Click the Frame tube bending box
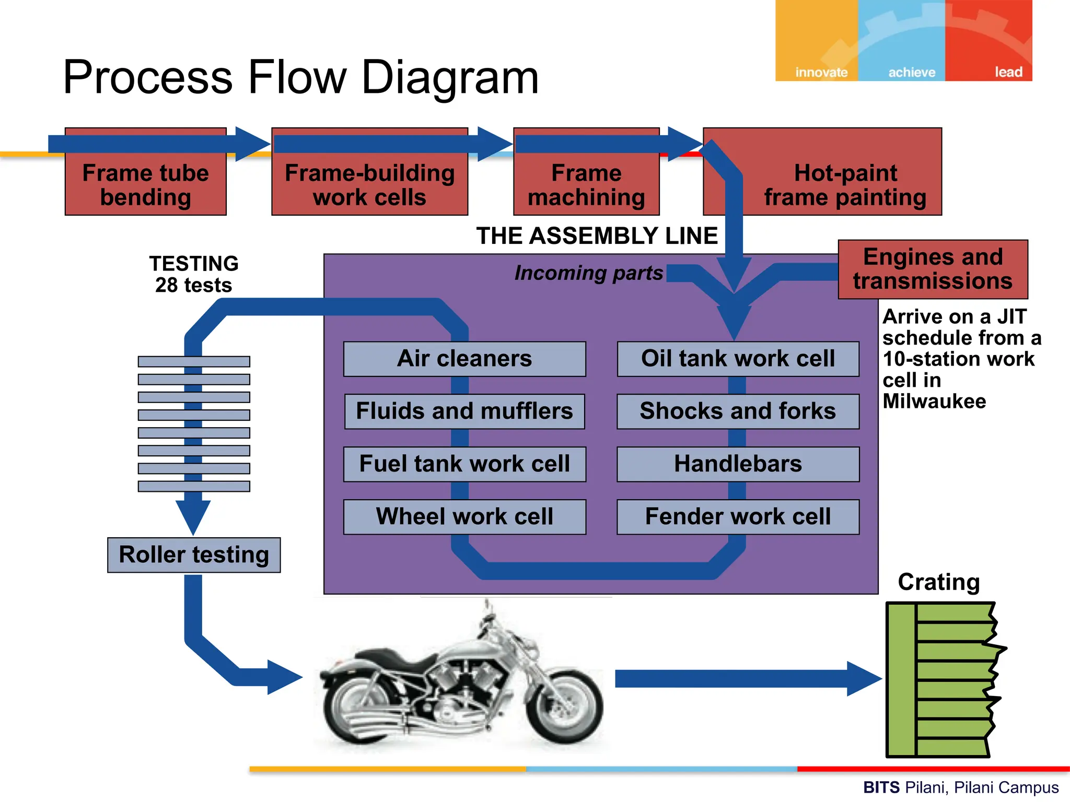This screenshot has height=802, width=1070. (145, 185)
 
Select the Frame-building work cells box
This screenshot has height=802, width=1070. (369, 185)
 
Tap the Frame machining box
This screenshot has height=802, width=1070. (586, 185)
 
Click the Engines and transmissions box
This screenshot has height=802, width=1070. (933, 269)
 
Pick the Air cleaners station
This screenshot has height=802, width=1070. (464, 359)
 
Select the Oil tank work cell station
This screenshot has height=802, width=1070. (738, 359)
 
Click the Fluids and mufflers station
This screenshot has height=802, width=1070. (464, 411)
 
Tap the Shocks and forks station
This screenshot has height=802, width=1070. (738, 411)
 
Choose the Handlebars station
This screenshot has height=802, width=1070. (738, 464)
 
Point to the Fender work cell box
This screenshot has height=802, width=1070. (738, 517)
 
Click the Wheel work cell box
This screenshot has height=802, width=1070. (464, 517)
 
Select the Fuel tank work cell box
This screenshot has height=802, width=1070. (464, 464)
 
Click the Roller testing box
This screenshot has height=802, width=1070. (194, 555)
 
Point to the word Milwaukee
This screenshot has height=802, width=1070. (934, 402)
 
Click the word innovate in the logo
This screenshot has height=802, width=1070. (821, 72)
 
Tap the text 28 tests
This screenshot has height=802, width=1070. (193, 286)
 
